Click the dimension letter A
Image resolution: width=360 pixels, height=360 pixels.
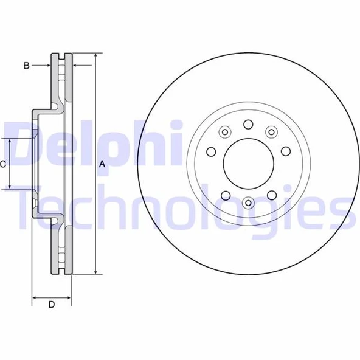point(102,164)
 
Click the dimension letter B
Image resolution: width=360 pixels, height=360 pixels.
point(27,65)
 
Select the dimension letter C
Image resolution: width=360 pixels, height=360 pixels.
point(3,164)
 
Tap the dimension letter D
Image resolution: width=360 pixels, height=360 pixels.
point(52,305)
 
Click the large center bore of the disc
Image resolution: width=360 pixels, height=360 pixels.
point(247,164)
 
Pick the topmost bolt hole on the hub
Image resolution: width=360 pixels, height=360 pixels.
point(247,124)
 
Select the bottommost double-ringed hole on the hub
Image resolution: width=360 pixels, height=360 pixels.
point(247,204)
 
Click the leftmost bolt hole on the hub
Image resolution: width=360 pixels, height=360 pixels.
point(211,152)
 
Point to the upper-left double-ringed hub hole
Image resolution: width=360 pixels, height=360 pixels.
point(224,132)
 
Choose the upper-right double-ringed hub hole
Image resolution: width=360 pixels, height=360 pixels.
point(271,132)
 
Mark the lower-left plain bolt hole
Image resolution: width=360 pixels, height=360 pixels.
point(224,195)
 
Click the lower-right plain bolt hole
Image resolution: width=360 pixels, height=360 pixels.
point(271,195)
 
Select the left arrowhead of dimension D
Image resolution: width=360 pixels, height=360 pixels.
point(34,298)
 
